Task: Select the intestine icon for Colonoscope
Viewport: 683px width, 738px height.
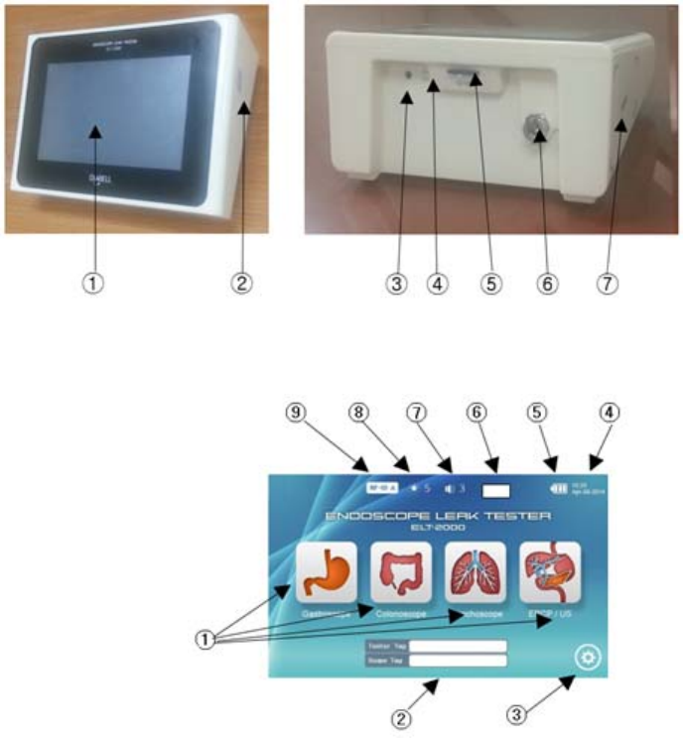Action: tap(401, 572)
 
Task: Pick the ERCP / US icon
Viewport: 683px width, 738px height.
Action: tap(550, 572)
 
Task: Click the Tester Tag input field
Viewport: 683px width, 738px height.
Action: tap(460, 646)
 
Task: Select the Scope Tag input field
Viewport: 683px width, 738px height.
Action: tap(460, 660)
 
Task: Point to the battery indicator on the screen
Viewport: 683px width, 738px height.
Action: tap(552, 488)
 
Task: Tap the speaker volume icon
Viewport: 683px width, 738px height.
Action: tap(452, 488)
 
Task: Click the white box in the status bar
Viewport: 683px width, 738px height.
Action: tap(494, 488)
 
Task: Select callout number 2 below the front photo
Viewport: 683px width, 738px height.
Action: tap(241, 283)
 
